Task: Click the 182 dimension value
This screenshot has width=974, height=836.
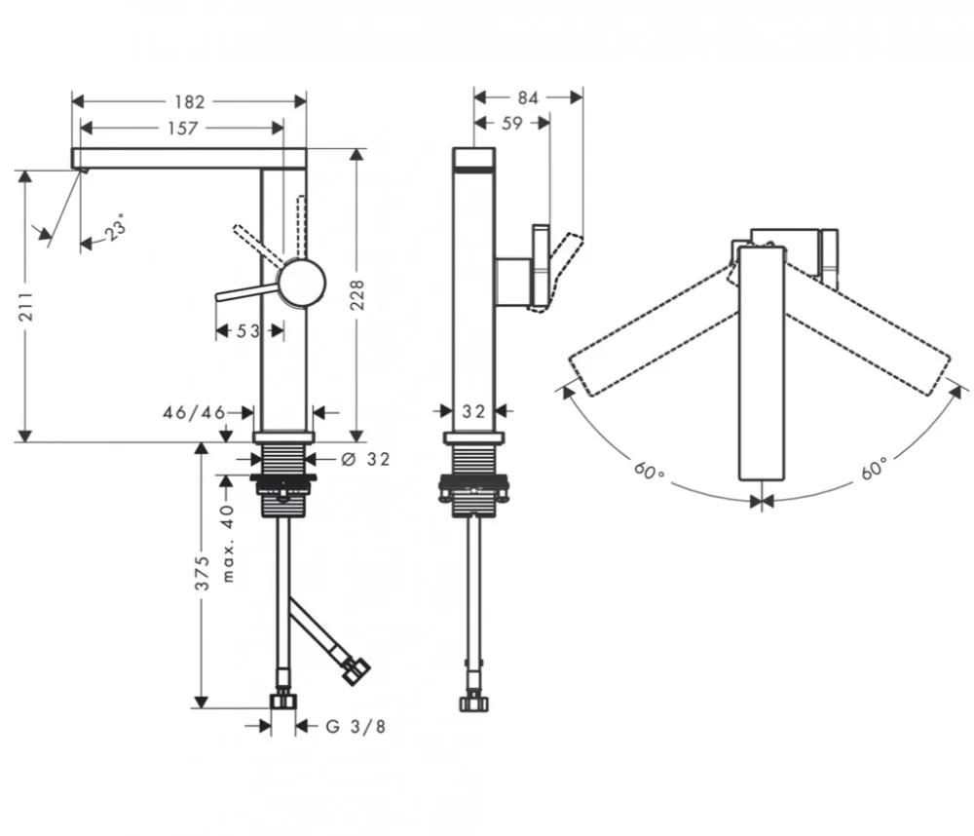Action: click(x=190, y=101)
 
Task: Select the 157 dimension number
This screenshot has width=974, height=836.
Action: click(x=183, y=128)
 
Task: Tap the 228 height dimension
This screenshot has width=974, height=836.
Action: click(x=357, y=295)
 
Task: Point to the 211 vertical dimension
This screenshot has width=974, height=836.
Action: click(x=26, y=306)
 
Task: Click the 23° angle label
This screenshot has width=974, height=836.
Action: click(x=116, y=226)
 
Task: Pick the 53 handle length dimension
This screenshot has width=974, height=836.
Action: click(x=247, y=330)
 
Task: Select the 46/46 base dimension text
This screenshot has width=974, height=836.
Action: click(x=194, y=412)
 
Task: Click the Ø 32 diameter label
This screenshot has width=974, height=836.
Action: click(x=366, y=459)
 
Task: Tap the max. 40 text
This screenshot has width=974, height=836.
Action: click(x=228, y=544)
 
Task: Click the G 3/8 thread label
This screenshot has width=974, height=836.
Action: click(x=356, y=726)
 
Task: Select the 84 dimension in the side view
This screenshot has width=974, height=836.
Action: click(x=527, y=97)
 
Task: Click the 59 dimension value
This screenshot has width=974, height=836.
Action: click(x=512, y=123)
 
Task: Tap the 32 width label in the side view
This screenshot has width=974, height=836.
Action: click(x=473, y=411)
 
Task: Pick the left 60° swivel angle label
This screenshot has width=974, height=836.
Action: click(x=650, y=470)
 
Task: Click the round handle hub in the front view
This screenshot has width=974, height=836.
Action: click(x=302, y=283)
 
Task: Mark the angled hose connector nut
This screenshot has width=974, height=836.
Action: click(x=356, y=672)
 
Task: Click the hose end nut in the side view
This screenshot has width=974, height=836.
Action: click(x=473, y=703)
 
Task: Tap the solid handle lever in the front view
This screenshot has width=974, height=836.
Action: click(x=247, y=292)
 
